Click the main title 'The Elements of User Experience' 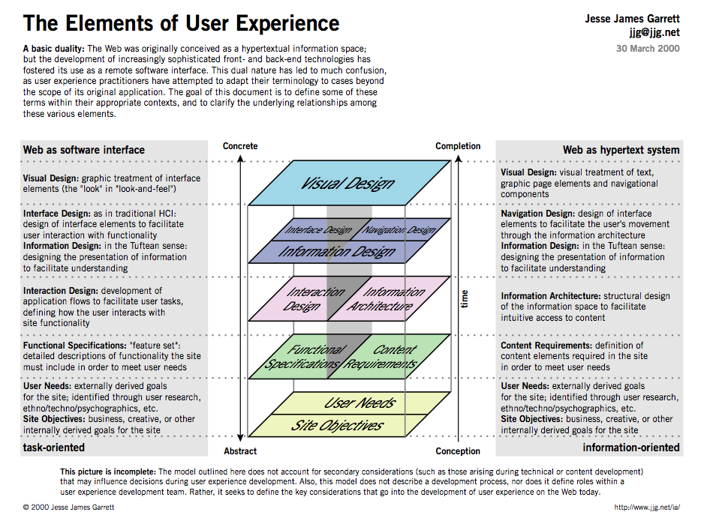tap(181, 23)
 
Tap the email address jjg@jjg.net tap(654, 32)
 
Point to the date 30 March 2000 tap(648, 49)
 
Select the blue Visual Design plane tap(349, 183)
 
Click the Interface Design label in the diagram tap(318, 230)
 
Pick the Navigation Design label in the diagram tap(399, 230)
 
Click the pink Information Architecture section tap(389, 298)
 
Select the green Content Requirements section tap(389, 356)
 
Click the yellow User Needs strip tap(360, 403)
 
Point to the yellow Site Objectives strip tap(337, 426)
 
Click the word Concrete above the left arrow tap(240, 146)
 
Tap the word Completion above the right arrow tap(458, 146)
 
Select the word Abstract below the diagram tap(240, 451)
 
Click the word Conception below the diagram tap(458, 451)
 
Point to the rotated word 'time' tap(464, 299)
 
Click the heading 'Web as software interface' tap(84, 150)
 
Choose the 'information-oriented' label tap(631, 448)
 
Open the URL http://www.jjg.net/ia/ tap(647, 508)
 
